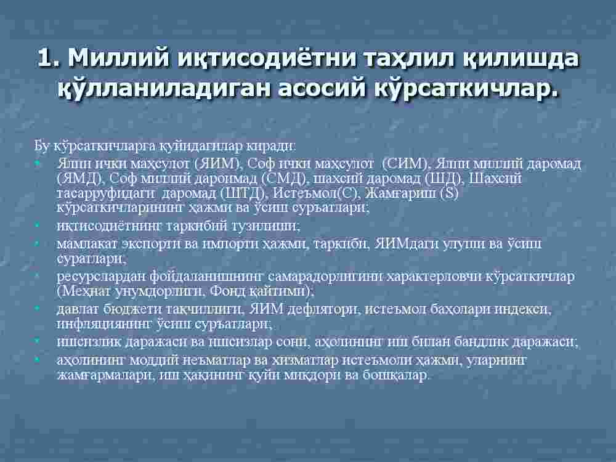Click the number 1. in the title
(x=49, y=58)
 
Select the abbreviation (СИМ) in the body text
(x=407, y=163)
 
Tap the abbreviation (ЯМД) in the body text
(x=79, y=179)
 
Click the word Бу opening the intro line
(x=41, y=146)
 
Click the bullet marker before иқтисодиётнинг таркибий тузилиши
(x=38, y=225)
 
